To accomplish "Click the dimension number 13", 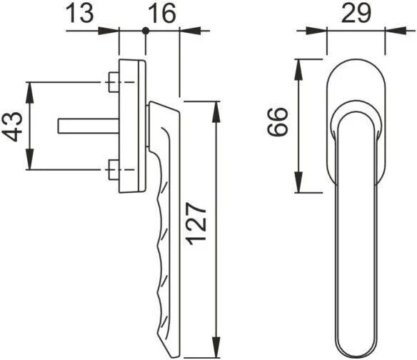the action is pos(79,14).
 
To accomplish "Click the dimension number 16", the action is pos(162,14).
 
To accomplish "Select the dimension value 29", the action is pos(356,14).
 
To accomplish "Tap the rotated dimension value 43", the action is pos(13,126).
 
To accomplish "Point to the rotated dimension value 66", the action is pos(277,122).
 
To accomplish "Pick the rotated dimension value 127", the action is pos(196,224).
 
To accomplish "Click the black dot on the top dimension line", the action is pos(145,31).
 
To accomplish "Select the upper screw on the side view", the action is pos(114,82).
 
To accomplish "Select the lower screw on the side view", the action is pos(114,170).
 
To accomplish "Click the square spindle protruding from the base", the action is pos(89,126).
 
